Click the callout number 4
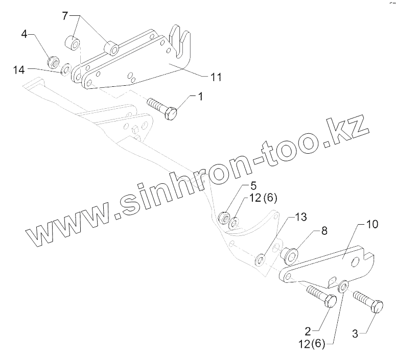[24, 35]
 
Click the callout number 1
[200, 96]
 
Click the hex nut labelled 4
[52, 62]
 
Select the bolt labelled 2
[320, 297]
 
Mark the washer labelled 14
[65, 68]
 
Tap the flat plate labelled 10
[332, 262]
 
